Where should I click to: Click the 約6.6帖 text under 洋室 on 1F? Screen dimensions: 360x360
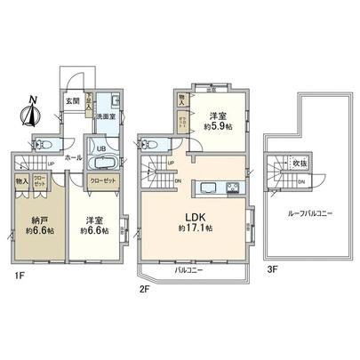click(92, 230)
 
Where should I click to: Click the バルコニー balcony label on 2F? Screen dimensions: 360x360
click(186, 268)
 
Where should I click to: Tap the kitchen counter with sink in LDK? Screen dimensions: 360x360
click(217, 187)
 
